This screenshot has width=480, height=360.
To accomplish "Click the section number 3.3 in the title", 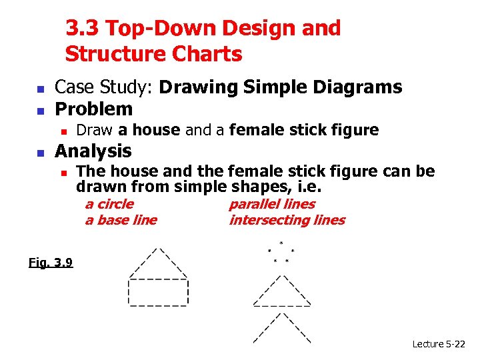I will pos(82,29).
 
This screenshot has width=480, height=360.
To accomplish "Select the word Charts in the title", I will pos(208,54).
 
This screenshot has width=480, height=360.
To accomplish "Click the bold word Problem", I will pos(94,109).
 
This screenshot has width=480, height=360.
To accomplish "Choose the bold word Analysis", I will pos(93,151).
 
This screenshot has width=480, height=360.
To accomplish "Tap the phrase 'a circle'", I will pos(109,204).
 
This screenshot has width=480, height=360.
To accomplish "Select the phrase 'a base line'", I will pos(121,220).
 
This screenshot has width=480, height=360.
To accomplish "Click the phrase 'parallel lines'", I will pos(271,204).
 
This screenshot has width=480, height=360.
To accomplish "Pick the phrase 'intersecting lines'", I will pos(287,220).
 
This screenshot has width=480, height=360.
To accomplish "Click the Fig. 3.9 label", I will pos(51,262).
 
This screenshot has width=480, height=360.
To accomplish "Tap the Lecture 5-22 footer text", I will pos(439,344).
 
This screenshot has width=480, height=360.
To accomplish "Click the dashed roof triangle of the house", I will pos(158,263).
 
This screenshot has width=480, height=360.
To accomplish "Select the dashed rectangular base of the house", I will pos(158,292).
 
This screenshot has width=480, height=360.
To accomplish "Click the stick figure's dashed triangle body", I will pos(281,292).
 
